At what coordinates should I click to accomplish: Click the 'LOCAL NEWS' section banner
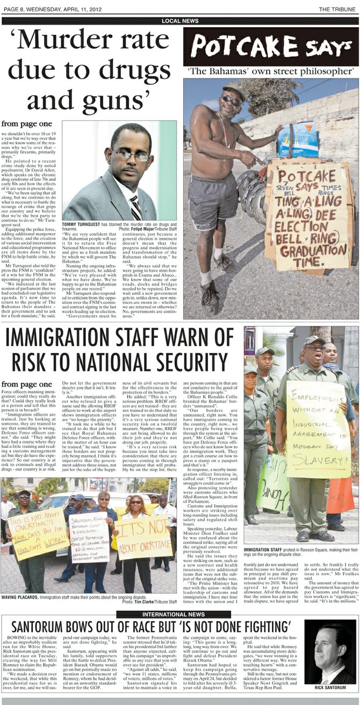(180, 21)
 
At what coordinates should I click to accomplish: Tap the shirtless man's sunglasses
(232, 99)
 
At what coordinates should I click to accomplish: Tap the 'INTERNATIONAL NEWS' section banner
(180, 614)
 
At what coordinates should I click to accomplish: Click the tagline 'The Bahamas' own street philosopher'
(271, 71)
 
